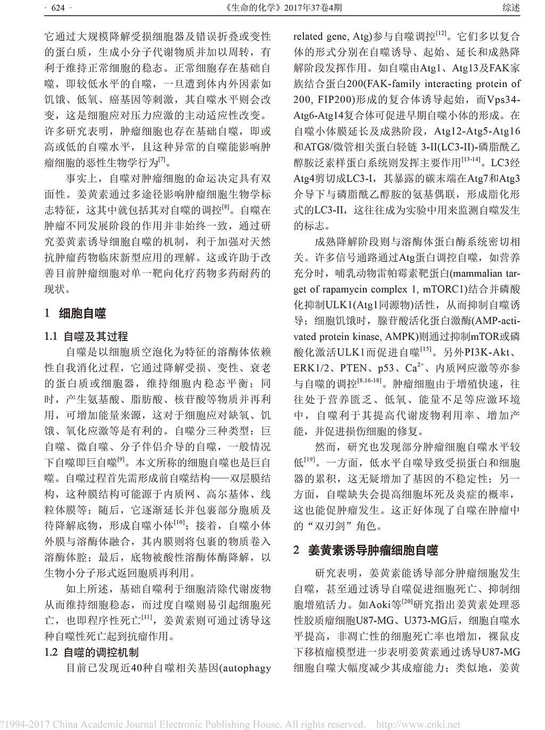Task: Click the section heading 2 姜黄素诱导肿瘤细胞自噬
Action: click(x=366, y=550)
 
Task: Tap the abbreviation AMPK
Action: click(x=392, y=336)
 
